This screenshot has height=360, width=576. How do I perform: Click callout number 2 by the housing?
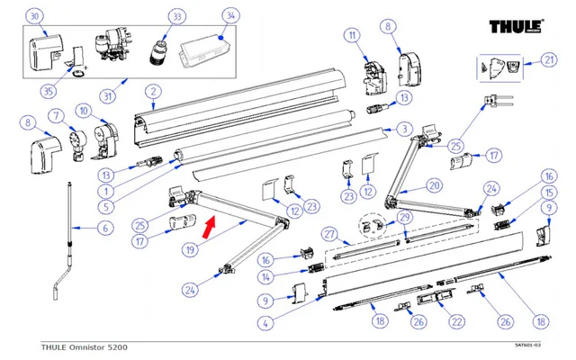point(154,91)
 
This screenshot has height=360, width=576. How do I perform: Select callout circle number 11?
point(352,36)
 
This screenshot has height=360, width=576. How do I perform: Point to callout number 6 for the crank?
point(104,229)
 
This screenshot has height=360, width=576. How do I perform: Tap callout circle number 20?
point(435,185)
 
